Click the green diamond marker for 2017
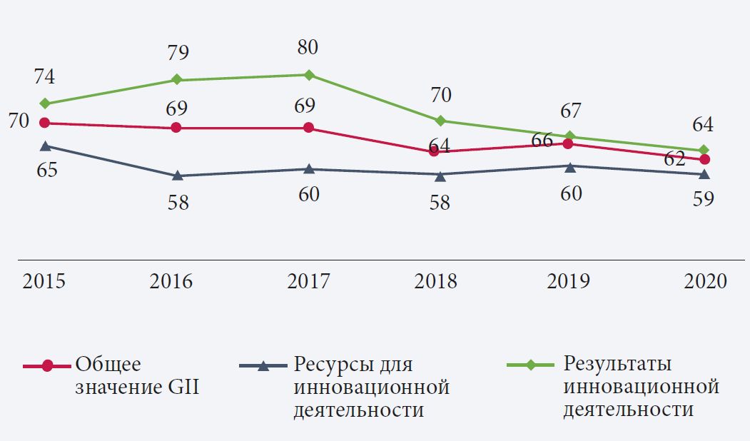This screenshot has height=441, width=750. pyautogui.click(x=308, y=75)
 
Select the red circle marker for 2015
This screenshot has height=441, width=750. pyautogui.click(x=44, y=123)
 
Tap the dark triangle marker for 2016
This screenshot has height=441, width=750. pyautogui.click(x=178, y=176)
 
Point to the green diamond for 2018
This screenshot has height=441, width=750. pyautogui.click(x=440, y=120)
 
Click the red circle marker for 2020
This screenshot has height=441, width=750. pyautogui.click(x=704, y=159)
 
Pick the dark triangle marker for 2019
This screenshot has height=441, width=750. pyautogui.click(x=569, y=166)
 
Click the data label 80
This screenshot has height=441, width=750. pyautogui.click(x=308, y=49)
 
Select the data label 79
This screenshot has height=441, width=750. pyautogui.click(x=178, y=52)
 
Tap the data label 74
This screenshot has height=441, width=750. pyautogui.click(x=44, y=77)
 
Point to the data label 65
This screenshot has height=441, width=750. pyautogui.click(x=44, y=171)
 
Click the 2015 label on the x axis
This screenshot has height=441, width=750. pyautogui.click(x=44, y=281)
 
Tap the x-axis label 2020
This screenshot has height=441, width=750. pyautogui.click(x=704, y=281)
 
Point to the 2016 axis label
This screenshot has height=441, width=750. pyautogui.click(x=171, y=281)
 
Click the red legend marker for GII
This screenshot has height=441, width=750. pyautogui.click(x=47, y=366)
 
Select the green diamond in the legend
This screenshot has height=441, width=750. pyautogui.click(x=530, y=365)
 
